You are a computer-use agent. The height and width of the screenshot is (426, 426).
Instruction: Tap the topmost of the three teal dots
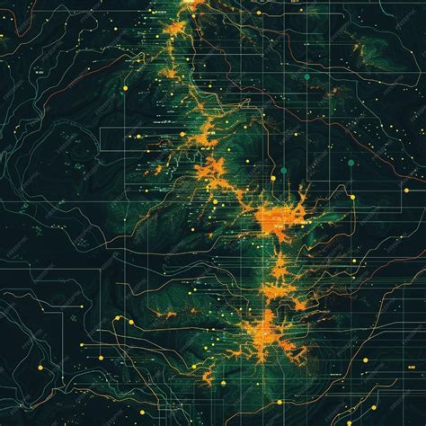click(306, 77)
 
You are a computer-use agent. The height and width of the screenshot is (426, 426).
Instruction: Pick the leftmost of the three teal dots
click(281, 169)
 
